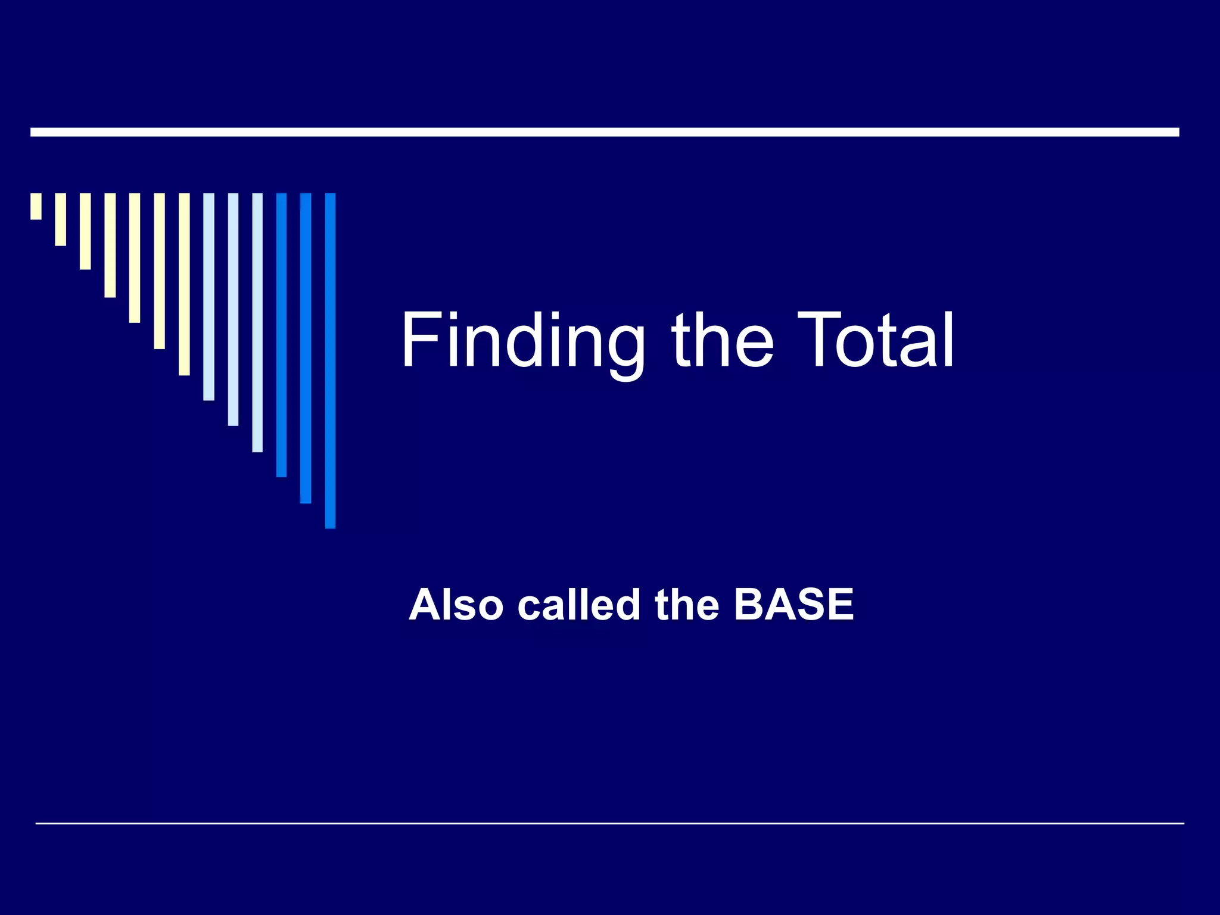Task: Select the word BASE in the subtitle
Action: click(x=793, y=605)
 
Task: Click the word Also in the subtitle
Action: click(x=456, y=605)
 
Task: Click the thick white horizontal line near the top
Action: click(x=605, y=132)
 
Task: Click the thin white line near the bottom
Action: click(x=609, y=823)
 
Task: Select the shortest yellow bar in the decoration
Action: click(x=36, y=206)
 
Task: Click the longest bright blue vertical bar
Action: click(x=330, y=360)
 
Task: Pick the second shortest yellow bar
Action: click(x=61, y=219)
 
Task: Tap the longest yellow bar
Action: click(x=184, y=284)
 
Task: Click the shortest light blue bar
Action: click(x=208, y=297)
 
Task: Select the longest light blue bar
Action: click(x=257, y=322)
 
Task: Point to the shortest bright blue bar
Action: click(x=281, y=335)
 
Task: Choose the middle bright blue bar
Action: click(x=306, y=348)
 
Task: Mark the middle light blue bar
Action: click(x=233, y=309)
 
